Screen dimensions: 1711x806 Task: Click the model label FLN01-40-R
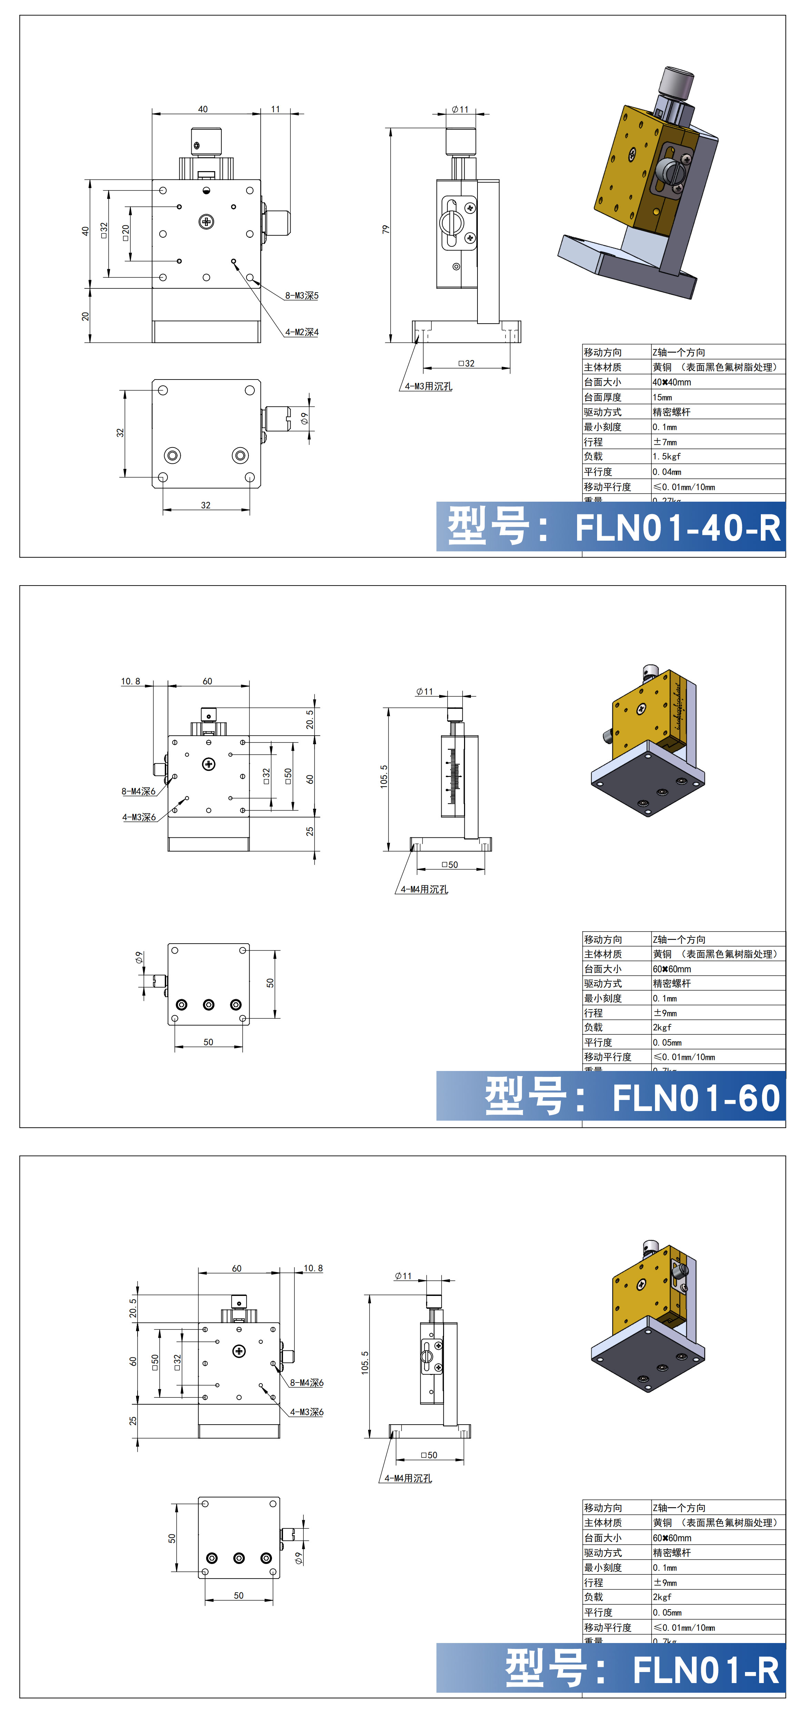point(677,528)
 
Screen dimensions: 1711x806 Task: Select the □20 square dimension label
point(125,233)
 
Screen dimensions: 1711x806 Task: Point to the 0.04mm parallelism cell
point(667,472)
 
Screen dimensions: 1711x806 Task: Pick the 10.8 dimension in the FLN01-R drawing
point(313,1268)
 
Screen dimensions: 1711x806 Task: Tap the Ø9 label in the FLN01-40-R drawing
point(304,419)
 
